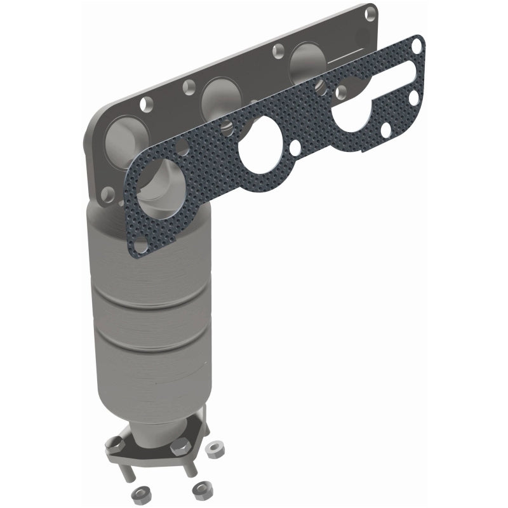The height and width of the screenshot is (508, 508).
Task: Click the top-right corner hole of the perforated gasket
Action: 417,46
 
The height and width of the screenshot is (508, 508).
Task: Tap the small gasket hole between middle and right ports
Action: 295,148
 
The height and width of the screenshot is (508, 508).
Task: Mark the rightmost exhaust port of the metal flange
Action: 306,61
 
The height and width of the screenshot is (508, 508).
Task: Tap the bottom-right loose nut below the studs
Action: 201,490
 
